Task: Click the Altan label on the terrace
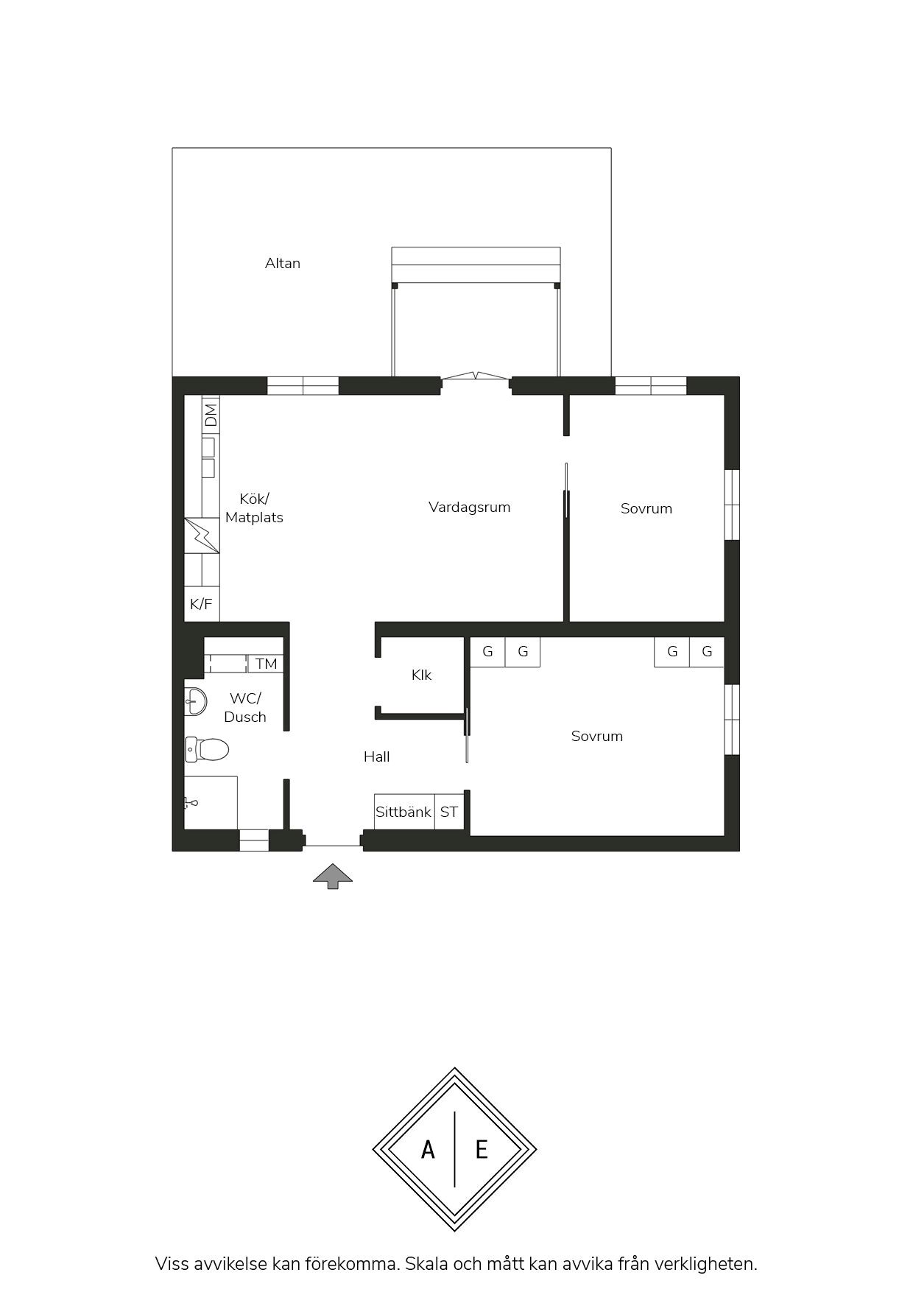point(283,263)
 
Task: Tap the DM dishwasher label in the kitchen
point(211,415)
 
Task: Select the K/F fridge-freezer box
point(202,604)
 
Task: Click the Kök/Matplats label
point(254,508)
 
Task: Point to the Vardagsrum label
point(470,507)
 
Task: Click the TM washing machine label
point(267,664)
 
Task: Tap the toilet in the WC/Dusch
point(206,750)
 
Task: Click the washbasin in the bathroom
point(195,701)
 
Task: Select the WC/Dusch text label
point(245,707)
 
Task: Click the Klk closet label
point(422,675)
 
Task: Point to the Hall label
point(377,756)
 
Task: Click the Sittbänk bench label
point(403,812)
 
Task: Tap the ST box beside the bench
point(449,812)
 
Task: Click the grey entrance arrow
point(333,876)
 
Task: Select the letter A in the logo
point(428,1149)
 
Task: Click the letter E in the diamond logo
point(482,1149)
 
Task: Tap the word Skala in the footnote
point(426,1264)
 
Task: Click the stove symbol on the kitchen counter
point(202,536)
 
